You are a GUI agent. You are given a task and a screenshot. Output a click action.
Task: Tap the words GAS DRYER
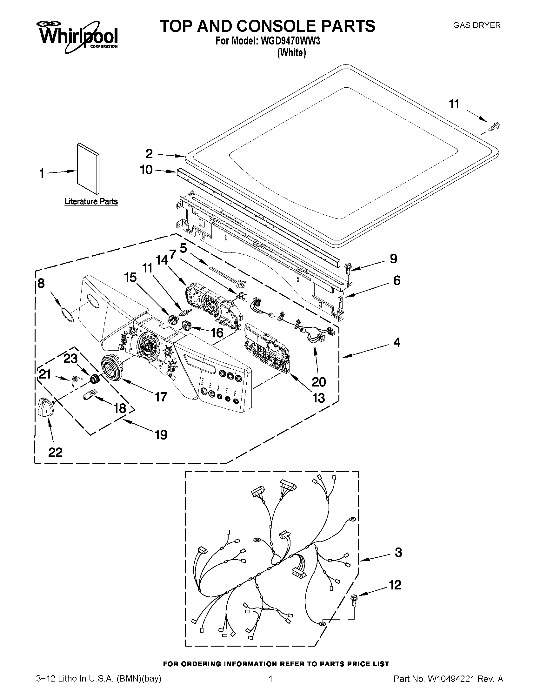(x=477, y=25)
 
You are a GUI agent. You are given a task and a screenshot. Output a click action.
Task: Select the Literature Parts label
(x=91, y=202)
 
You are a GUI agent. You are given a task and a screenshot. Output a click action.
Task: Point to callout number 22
(x=55, y=452)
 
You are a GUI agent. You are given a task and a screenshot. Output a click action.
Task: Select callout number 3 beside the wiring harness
(x=398, y=552)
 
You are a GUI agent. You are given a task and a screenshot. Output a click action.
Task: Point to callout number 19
(x=161, y=435)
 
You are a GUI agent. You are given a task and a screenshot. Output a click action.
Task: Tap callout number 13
(x=319, y=398)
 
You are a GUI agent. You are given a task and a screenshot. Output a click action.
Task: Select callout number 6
(x=397, y=280)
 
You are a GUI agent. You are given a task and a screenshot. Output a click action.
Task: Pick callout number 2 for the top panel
(x=149, y=154)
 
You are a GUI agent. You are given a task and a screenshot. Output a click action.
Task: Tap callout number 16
(x=217, y=333)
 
